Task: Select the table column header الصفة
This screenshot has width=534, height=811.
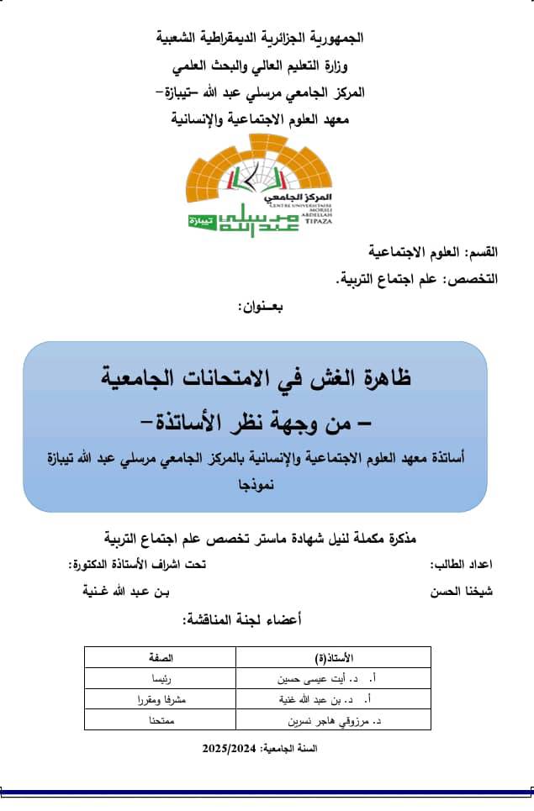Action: pos(171,656)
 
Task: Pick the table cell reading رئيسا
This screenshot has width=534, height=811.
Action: pos(171,677)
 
